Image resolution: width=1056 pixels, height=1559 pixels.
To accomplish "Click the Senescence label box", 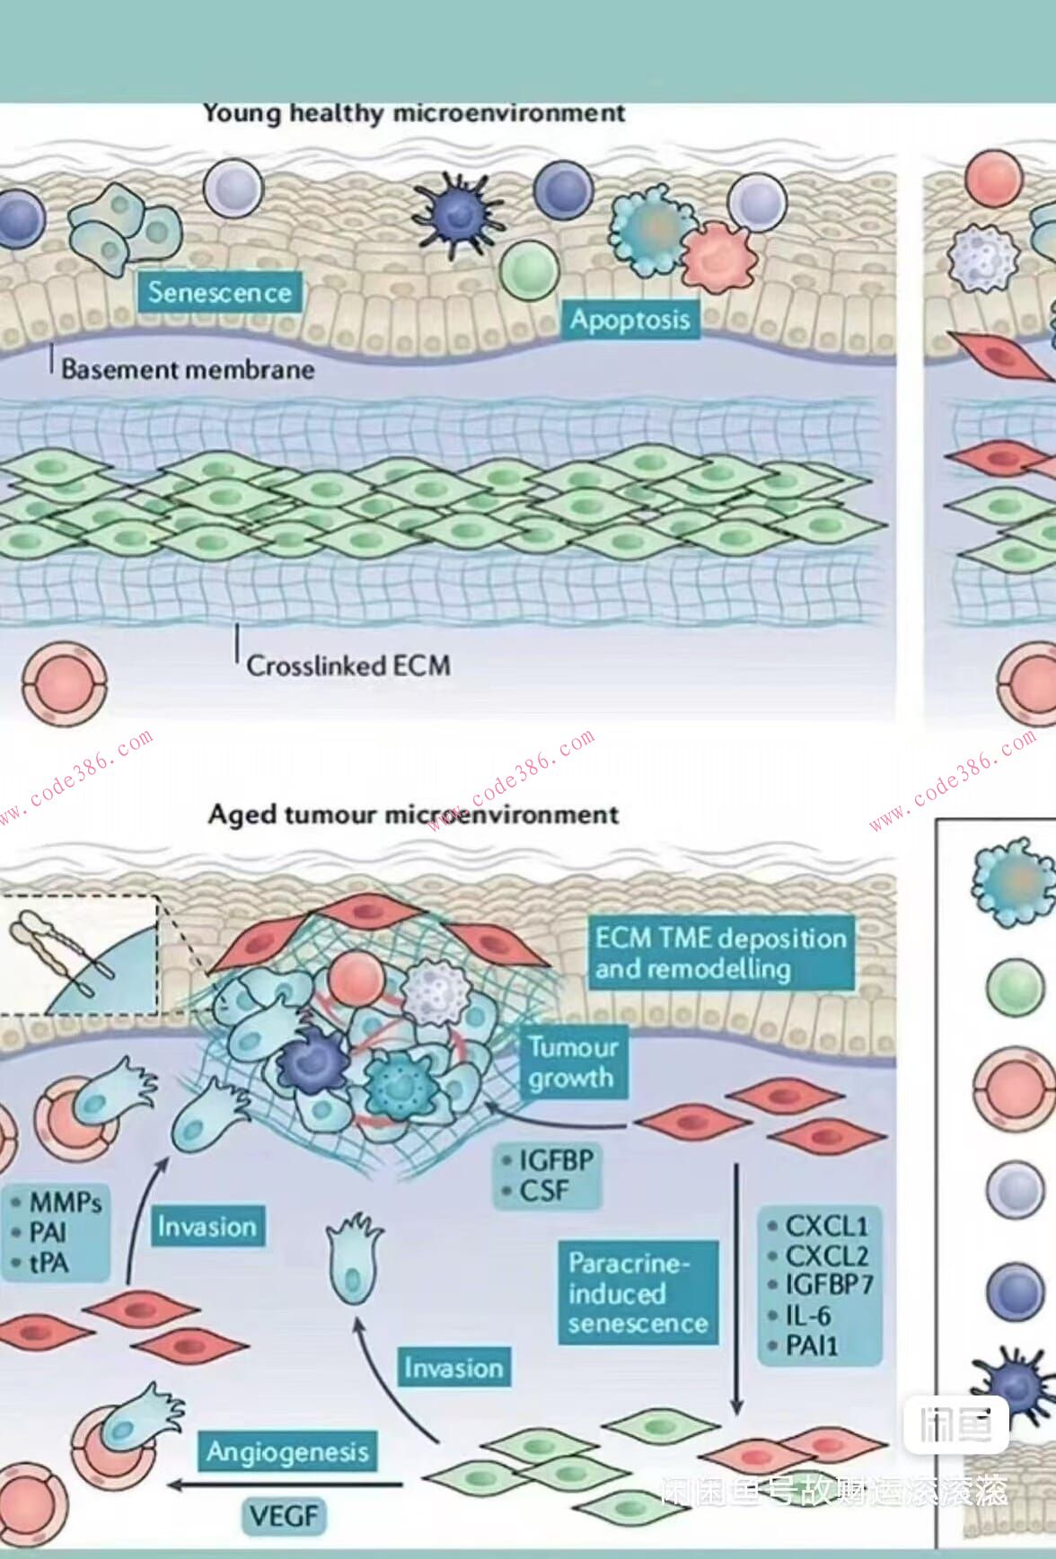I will click(x=219, y=293).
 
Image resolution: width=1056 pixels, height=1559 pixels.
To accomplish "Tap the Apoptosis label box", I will click(x=629, y=320).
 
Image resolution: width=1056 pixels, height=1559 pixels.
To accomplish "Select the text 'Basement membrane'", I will click(x=188, y=369).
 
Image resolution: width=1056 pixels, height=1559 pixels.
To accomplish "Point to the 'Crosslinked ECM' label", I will click(x=348, y=665).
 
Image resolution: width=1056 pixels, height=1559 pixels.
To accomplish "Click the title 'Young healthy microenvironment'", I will click(x=413, y=113).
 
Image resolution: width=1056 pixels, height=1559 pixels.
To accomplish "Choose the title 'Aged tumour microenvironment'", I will click(x=413, y=815).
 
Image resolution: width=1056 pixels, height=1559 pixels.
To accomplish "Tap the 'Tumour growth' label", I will click(x=572, y=1062).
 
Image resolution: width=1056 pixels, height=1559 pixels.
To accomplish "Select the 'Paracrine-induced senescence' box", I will click(x=638, y=1293).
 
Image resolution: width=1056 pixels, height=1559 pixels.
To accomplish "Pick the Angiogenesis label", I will click(x=287, y=1452).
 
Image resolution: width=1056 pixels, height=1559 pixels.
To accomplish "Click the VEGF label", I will click(x=284, y=1516).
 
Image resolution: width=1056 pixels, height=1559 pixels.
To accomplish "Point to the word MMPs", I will click(x=66, y=1202).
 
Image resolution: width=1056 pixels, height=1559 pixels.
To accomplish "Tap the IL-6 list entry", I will click(x=807, y=1316).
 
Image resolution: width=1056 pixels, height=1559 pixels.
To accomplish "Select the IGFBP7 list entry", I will click(x=828, y=1285).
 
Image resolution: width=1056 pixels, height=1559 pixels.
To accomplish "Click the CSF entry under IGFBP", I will click(x=544, y=1191).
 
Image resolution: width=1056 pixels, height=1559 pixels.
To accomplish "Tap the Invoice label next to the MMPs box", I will click(x=207, y=1227).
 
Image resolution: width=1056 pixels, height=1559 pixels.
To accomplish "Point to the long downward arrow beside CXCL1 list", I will click(x=737, y=1284).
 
